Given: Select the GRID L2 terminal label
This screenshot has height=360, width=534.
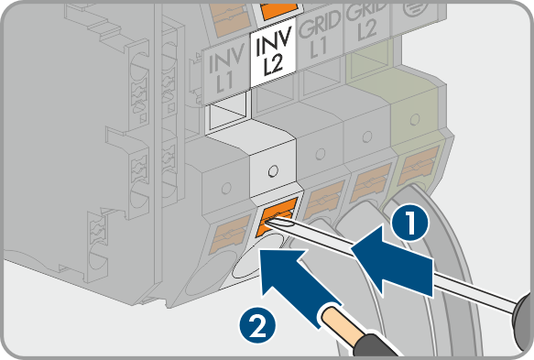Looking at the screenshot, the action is tap(366, 22).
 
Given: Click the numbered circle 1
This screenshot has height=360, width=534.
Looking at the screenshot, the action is tap(410, 224).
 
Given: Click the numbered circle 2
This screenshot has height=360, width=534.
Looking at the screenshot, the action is tap(257, 324).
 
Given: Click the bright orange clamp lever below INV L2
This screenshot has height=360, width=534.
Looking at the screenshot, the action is tap(277, 217).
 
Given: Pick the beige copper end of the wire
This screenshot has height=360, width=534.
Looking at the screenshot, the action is tap(337, 322).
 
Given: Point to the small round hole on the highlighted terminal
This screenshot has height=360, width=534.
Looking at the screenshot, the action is tap(273, 171).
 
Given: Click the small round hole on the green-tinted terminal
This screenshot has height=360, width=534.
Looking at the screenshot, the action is tap(415, 119).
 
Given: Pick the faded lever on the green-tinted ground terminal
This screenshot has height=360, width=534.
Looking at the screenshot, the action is tap(418, 165).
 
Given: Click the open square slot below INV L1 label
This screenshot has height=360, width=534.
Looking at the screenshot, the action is tap(226, 115).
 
